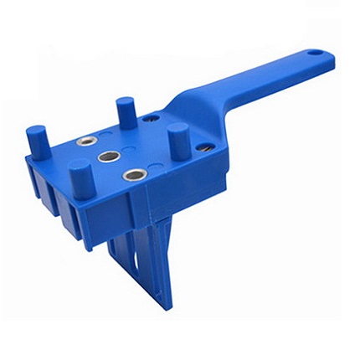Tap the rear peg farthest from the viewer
126,109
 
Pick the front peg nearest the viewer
80,177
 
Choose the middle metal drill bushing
107,157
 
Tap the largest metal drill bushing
132,174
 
